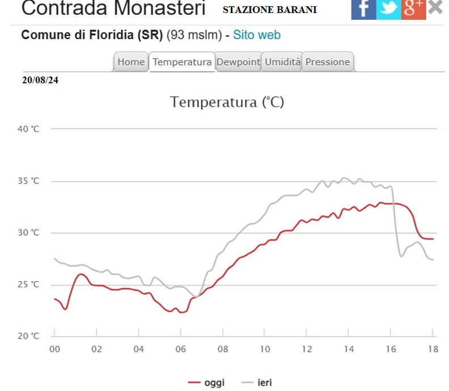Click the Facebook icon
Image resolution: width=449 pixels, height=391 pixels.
click(363, 8)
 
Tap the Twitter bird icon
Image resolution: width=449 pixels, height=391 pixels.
click(388, 8)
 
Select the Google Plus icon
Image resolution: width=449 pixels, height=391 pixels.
click(413, 8)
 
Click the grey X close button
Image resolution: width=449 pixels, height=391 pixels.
click(435, 7)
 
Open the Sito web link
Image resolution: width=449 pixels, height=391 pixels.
click(257, 35)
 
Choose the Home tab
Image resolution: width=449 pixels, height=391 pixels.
click(131, 62)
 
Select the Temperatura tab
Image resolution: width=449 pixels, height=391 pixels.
click(182, 62)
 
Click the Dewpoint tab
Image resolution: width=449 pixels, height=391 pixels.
click(238, 62)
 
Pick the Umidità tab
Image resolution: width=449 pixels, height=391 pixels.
click(282, 62)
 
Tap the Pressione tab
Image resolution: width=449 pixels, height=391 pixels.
click(328, 62)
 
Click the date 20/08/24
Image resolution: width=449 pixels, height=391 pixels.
click(40, 80)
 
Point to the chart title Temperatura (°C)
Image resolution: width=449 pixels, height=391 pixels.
click(227, 103)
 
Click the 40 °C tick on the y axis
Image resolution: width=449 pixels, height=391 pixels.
click(28, 129)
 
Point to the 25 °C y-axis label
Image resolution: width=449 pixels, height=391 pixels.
click(28, 284)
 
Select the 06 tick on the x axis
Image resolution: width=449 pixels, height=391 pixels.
click(180, 349)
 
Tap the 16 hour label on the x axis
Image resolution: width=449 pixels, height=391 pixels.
click(390, 349)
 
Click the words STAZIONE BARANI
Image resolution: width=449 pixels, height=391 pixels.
click(269, 10)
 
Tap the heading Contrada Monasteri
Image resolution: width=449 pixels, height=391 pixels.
click(113, 8)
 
